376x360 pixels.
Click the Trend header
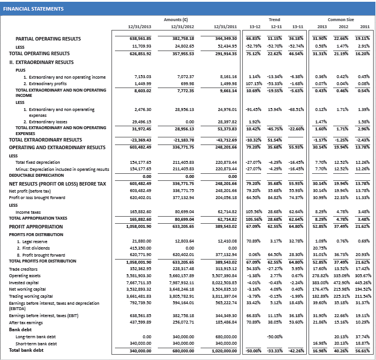(x=274, y=19)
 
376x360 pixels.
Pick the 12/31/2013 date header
(x=139, y=26)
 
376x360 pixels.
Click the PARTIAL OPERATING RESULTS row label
(x=48, y=38)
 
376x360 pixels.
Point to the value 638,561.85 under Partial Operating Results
(x=140, y=38)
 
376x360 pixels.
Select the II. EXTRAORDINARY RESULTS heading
(x=41, y=61)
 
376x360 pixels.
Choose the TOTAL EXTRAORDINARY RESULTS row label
(x=49, y=140)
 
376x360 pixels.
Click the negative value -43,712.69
(x=225, y=140)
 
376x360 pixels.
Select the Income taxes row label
(x=29, y=211)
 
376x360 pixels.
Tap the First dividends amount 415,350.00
(x=140, y=248)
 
